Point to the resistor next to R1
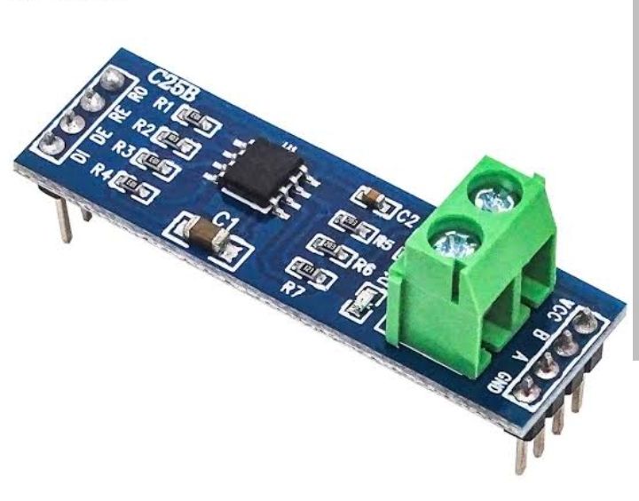194,116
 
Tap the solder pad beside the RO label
110,81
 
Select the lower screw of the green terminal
446,241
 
